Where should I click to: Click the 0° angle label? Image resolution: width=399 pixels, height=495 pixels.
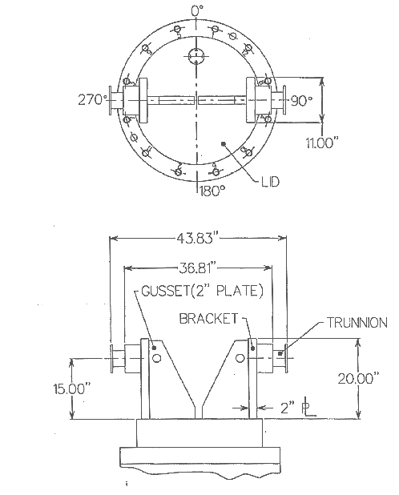pos(197,10)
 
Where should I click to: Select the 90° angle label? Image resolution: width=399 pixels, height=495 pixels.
pos(301,101)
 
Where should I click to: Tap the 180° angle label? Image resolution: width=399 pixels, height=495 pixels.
pos(212,191)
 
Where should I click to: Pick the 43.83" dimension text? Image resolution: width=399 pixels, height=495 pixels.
pos(197,238)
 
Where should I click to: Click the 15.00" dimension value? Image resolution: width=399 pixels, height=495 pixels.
pos(72,388)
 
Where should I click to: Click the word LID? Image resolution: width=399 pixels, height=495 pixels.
pos(271,182)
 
